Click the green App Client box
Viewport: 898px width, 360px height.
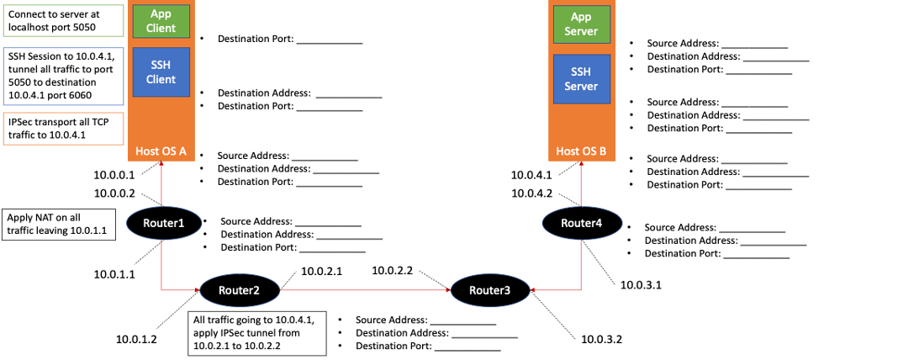click(161, 22)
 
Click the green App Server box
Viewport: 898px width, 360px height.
click(581, 24)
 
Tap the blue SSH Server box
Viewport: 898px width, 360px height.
click(581, 79)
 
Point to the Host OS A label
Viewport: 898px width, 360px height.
click(161, 151)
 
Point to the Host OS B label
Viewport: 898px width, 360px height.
click(581, 152)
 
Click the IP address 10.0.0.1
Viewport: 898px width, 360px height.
click(114, 176)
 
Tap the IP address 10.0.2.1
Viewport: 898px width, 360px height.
click(322, 271)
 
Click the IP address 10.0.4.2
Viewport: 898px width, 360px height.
click(532, 193)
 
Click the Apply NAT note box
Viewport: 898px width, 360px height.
click(58, 225)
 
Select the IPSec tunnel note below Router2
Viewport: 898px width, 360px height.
click(256, 332)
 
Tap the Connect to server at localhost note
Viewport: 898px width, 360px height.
click(63, 20)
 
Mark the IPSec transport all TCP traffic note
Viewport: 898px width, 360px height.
click(63, 129)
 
